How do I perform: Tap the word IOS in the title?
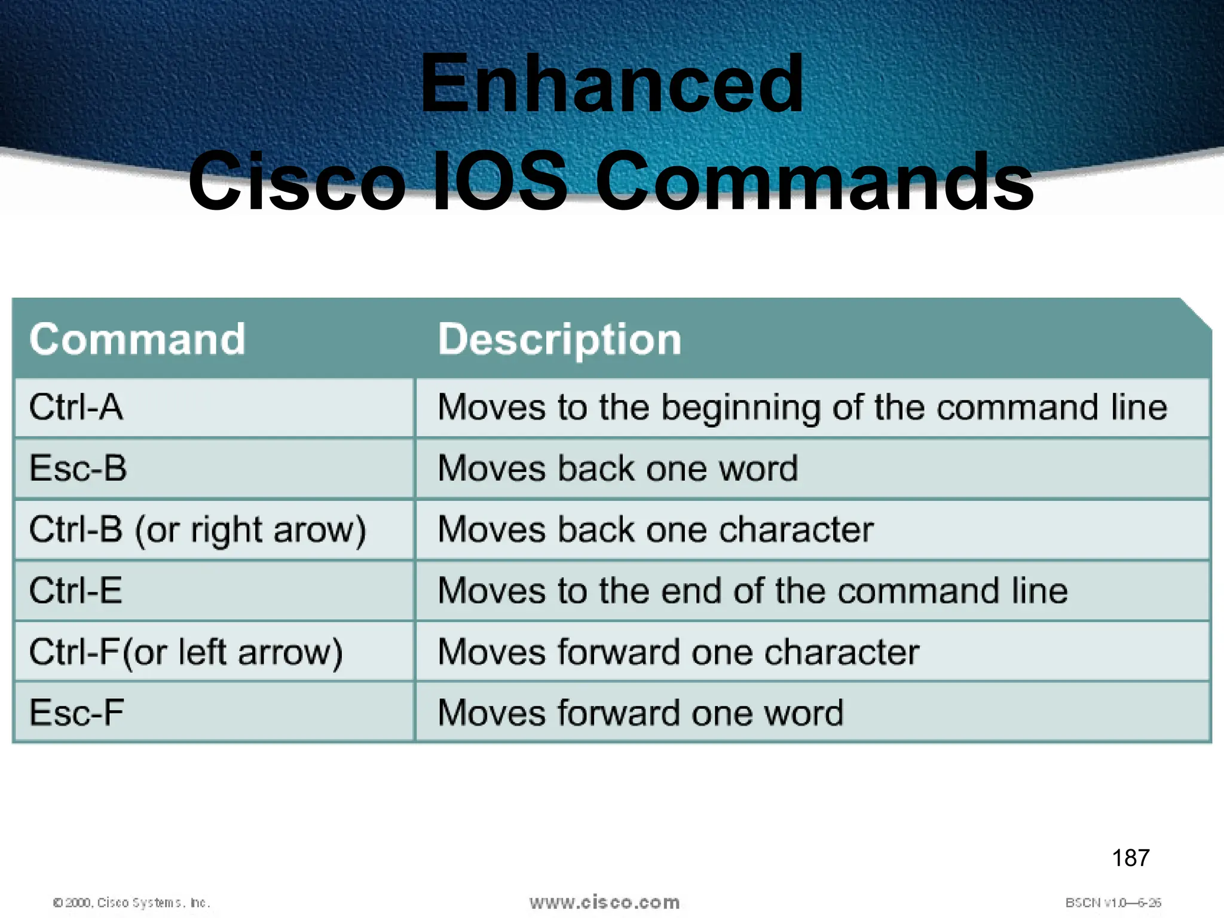pos(499,181)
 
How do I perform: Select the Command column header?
pos(137,339)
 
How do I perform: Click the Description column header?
pos(559,339)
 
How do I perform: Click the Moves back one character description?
pos(655,530)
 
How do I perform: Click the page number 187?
pos(1130,858)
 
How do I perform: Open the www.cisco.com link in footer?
pos(604,902)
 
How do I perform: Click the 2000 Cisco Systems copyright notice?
pos(131,902)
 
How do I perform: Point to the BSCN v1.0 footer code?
pos(1113,902)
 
